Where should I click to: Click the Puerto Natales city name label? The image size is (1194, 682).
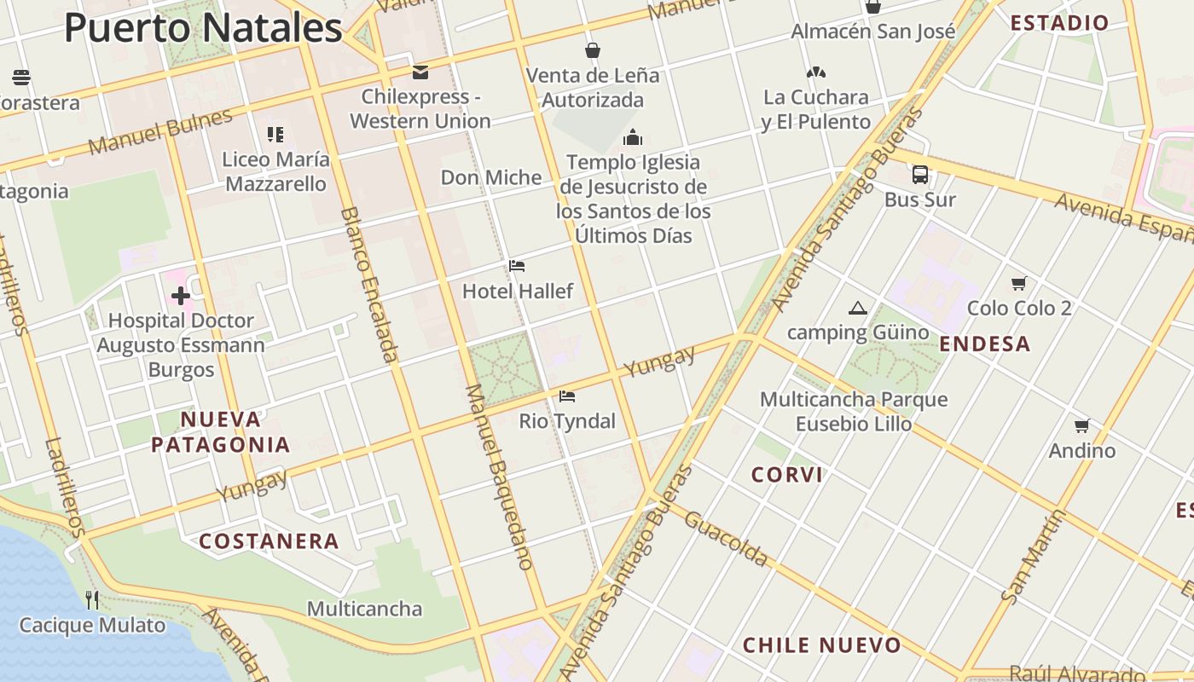203,28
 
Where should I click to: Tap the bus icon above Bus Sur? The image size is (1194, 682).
920,175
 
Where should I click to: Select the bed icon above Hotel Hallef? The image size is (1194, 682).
517,266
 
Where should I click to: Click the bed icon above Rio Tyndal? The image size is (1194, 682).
567,396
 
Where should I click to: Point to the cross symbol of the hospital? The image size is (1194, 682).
181,296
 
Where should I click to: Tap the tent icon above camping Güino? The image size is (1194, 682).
858,308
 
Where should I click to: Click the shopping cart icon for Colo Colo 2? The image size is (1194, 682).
1018,283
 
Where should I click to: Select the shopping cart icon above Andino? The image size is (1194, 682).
1082,425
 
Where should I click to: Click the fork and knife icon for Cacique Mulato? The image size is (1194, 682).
92,600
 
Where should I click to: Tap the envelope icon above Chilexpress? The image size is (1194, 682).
420,72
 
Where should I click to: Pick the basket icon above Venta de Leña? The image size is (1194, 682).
593,50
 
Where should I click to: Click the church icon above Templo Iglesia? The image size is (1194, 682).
633,137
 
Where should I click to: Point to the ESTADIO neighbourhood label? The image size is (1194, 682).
1059,23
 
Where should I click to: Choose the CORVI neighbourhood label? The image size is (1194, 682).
787,475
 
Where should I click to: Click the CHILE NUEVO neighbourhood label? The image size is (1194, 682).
821,645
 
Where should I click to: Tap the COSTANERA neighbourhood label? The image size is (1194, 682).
269,541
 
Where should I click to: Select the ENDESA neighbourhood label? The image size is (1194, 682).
985,344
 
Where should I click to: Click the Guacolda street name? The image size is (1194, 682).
726,538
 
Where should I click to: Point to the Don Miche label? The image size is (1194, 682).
491,177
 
